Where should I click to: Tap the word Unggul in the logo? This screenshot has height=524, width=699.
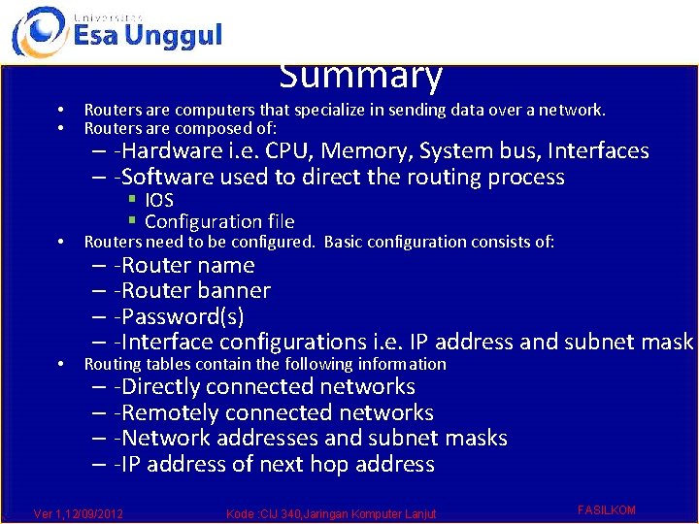(174, 36)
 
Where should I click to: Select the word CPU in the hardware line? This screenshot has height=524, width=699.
(289, 151)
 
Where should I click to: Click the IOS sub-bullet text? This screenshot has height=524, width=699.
(158, 200)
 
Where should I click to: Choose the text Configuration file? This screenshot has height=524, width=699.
(219, 221)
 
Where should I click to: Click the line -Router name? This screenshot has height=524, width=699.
(183, 265)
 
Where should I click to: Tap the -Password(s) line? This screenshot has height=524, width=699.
(179, 316)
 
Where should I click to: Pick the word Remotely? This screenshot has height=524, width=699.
(174, 412)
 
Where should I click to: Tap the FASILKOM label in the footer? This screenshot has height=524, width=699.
(606, 509)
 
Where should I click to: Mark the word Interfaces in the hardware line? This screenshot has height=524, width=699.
(598, 151)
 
